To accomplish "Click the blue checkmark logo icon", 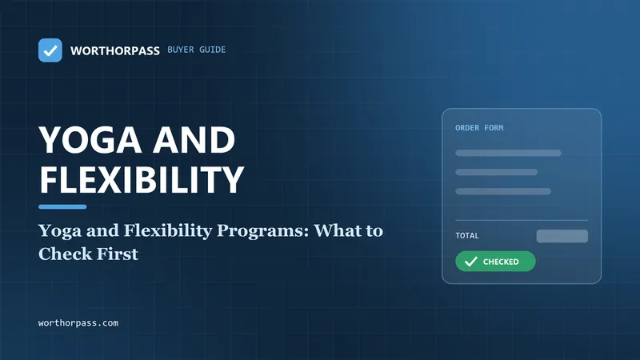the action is (x=50, y=50).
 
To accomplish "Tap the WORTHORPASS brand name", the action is (x=114, y=50).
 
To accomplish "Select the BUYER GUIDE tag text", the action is (x=196, y=50).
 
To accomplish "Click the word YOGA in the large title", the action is (x=91, y=139).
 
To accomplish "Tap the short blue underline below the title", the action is (x=62, y=207).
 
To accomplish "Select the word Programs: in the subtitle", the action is (x=262, y=231).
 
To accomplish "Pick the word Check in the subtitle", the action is (x=66, y=254).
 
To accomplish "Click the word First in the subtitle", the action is (x=118, y=254).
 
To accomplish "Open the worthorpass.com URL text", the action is (x=78, y=323).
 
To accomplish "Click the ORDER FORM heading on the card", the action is (x=479, y=128).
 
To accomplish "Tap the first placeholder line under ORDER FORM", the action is (x=508, y=153).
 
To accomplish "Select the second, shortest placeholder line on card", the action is (x=496, y=172).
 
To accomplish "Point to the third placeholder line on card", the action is (x=503, y=191).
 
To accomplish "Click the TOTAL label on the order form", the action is (x=467, y=235).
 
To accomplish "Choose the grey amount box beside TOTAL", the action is (x=562, y=236).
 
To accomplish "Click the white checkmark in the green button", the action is (x=470, y=262).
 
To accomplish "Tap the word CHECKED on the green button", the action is (x=501, y=262).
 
